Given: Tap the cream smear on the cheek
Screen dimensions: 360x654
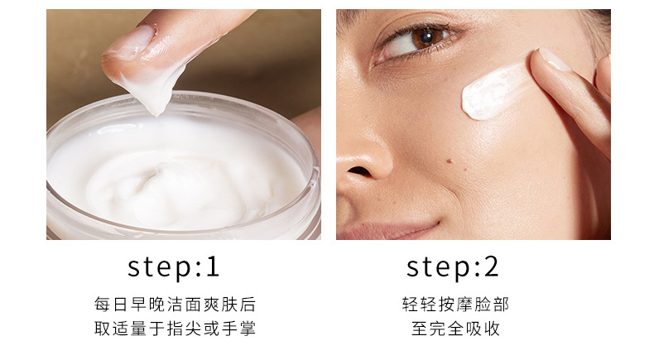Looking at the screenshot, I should point(493,90).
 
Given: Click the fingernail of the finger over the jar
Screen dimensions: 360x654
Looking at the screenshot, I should point(132,41).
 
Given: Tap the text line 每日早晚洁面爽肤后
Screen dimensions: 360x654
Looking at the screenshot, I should point(175,304).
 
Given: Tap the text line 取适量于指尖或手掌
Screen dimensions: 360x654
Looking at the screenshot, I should point(175,329).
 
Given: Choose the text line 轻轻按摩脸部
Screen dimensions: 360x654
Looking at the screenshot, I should point(455,304).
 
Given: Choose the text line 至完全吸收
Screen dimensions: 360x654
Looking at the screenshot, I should point(455,329).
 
